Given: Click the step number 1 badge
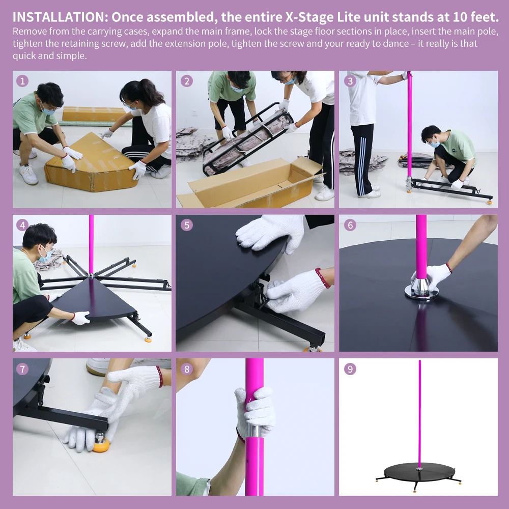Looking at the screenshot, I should point(22,81).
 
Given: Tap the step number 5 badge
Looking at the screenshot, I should point(187,225).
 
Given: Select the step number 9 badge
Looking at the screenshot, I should point(350,369).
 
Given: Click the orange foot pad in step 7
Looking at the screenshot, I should point(101,444).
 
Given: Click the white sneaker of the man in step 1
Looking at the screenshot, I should point(29,174).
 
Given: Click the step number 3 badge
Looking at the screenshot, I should point(350,81).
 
